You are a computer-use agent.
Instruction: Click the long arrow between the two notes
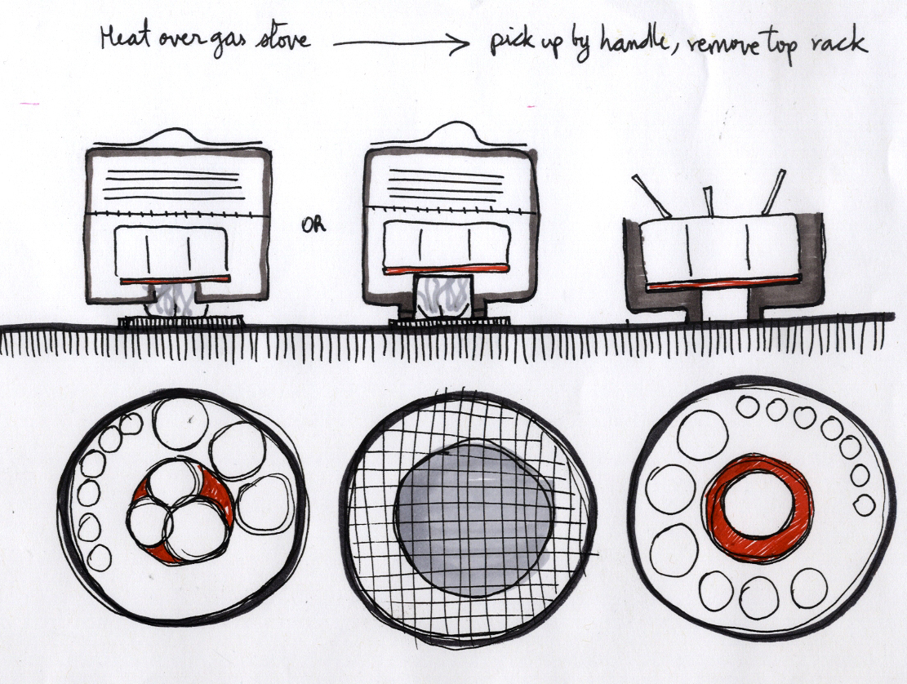[x=402, y=42]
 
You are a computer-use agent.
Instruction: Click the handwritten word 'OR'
[x=313, y=225]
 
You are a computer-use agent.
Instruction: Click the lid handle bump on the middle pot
[x=455, y=132]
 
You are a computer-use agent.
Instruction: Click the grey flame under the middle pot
[x=443, y=297]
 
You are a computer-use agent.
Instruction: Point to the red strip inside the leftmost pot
[x=176, y=279]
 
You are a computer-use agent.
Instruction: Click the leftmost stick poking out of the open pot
[x=651, y=196]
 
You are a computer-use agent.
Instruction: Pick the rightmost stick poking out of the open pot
[x=773, y=191]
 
